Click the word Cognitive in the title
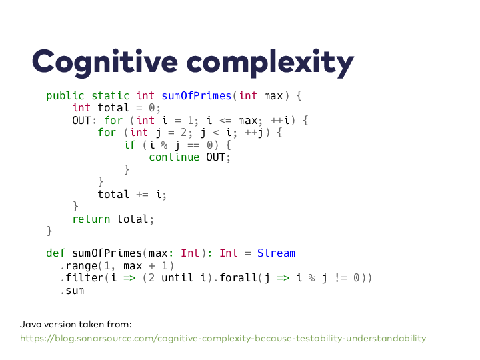[x=105, y=63]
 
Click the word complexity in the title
[x=270, y=63]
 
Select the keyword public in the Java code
[x=65, y=96]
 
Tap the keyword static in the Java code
[x=111, y=96]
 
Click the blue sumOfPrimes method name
[x=196, y=96]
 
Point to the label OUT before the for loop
[x=81, y=120]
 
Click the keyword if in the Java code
[x=130, y=145]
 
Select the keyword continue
[x=174, y=157]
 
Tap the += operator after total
[x=143, y=195]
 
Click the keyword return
[x=91, y=219]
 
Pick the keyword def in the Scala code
[x=55, y=253]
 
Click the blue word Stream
[x=276, y=253]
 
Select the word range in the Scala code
[x=81, y=266]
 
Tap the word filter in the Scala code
[x=85, y=277]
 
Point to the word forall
[x=238, y=277]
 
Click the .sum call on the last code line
[x=72, y=291]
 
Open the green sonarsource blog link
[x=223, y=338]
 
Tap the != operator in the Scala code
[x=341, y=277]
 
